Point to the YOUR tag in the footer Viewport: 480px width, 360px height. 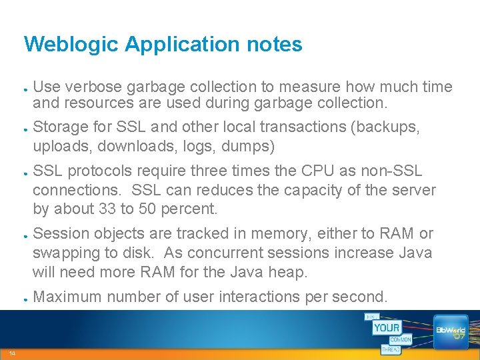point(387,327)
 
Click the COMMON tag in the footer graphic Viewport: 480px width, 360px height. point(400,340)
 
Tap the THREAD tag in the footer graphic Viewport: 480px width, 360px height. point(391,349)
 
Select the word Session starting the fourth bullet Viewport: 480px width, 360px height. point(60,233)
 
